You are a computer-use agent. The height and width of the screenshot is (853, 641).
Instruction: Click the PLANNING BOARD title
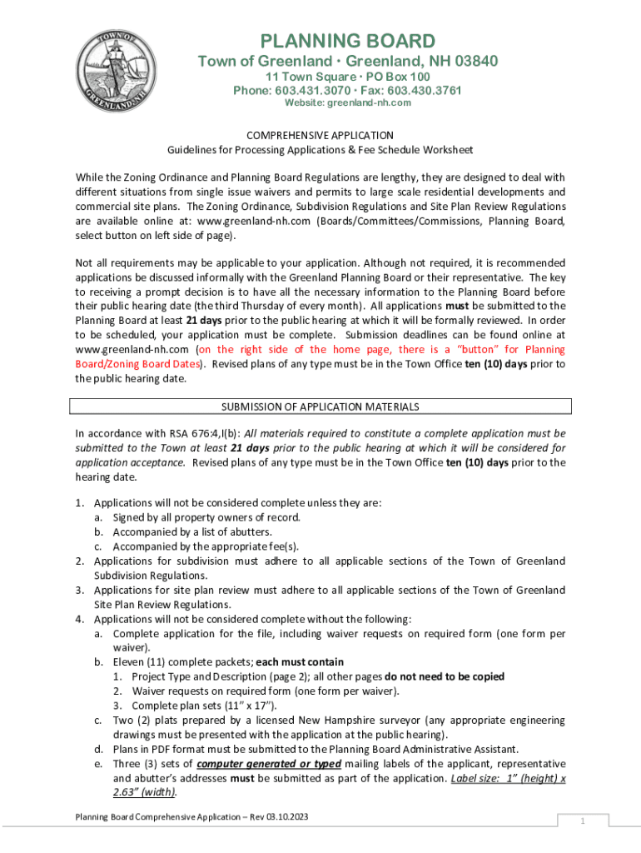click(x=347, y=41)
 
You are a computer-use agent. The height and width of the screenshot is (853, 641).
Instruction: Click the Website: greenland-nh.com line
click(x=348, y=102)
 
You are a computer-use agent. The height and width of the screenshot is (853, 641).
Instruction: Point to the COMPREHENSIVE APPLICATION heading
click(x=320, y=135)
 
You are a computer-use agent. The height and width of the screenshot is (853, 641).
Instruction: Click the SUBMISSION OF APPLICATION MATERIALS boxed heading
click(x=320, y=407)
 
